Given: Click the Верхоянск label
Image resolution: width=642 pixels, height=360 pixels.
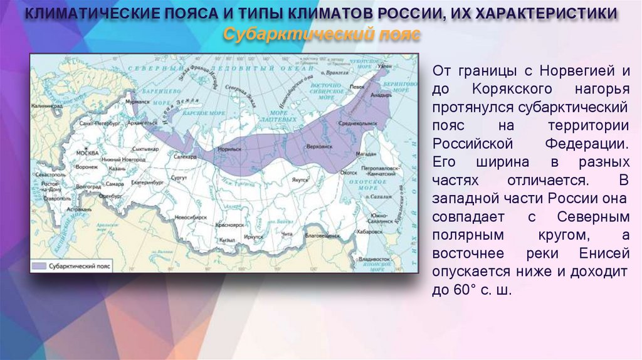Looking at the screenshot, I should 313,144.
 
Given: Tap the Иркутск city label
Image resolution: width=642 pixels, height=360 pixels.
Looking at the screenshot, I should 254,236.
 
